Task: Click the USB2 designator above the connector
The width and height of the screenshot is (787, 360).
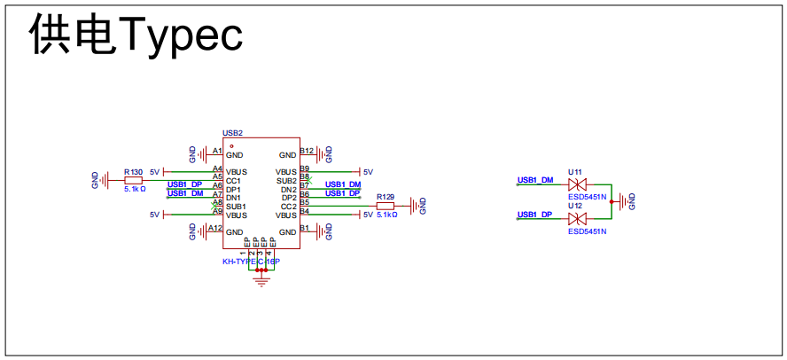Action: pyautogui.click(x=232, y=133)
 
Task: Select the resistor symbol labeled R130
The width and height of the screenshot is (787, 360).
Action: pyautogui.click(x=133, y=179)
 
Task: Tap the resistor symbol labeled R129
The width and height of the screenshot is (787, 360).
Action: pyautogui.click(x=385, y=206)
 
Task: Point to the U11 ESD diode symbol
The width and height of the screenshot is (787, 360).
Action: pyautogui.click(x=579, y=184)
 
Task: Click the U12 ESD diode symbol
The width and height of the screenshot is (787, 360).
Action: pyautogui.click(x=579, y=218)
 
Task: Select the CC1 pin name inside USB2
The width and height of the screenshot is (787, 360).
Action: pyautogui.click(x=233, y=181)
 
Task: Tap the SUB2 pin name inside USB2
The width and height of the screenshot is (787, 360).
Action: pyautogui.click(x=286, y=181)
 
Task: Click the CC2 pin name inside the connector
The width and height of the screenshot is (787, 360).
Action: pyautogui.click(x=288, y=207)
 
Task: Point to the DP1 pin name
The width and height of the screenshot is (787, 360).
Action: pyautogui.click(x=233, y=190)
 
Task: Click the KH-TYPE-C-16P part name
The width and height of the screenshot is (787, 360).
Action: pyautogui.click(x=251, y=262)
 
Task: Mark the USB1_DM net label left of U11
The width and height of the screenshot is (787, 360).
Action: pyautogui.click(x=535, y=180)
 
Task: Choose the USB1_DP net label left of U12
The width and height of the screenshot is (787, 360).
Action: pyautogui.click(x=535, y=215)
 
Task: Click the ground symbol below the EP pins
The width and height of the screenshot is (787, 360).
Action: pyautogui.click(x=261, y=281)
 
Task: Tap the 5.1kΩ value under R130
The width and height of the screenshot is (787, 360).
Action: pyautogui.click(x=135, y=189)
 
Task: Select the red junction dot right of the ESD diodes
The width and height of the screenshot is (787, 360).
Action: pyautogui.click(x=612, y=201)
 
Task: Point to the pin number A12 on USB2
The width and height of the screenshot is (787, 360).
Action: pyautogui.click(x=215, y=228)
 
